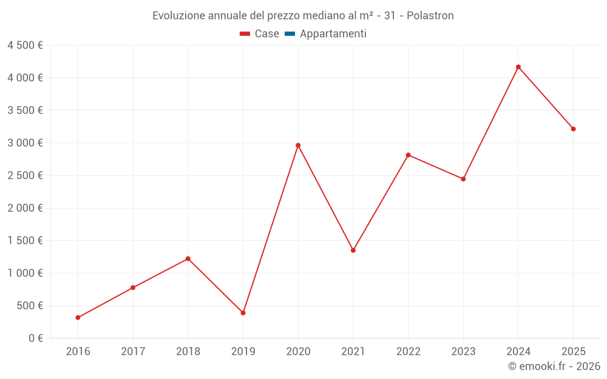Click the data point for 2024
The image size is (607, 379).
click(x=518, y=67)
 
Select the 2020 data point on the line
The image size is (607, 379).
click(x=298, y=146)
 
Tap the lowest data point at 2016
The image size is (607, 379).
click(x=78, y=317)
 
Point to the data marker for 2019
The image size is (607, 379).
click(x=243, y=313)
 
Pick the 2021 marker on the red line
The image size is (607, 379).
click(x=353, y=250)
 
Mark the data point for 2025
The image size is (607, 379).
click(x=573, y=129)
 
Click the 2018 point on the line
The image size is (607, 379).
click(x=188, y=259)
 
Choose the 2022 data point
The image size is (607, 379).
click(x=408, y=155)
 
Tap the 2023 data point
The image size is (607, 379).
click(x=463, y=179)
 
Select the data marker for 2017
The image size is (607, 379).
click(x=133, y=287)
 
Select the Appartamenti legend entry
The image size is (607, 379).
click(x=333, y=34)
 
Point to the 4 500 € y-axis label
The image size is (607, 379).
click(x=25, y=45)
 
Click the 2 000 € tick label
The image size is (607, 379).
click(x=25, y=208)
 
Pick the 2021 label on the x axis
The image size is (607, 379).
click(x=353, y=351)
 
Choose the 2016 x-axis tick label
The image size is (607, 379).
click(x=78, y=351)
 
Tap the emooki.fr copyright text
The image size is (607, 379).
click(x=554, y=366)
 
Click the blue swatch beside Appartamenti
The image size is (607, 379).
click(x=290, y=34)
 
